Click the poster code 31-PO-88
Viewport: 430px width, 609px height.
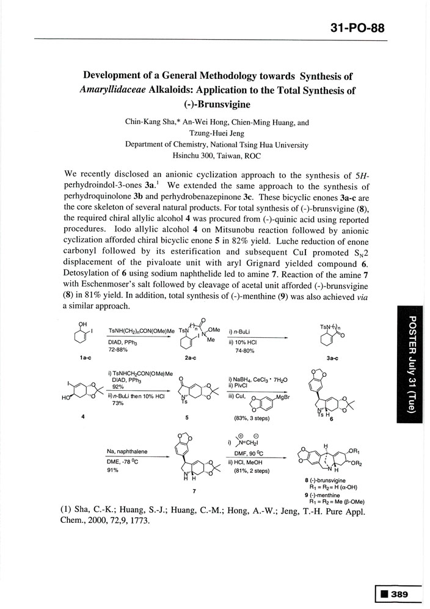pyautogui.click(x=357, y=28)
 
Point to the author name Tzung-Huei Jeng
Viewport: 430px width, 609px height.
pyautogui.click(x=217, y=133)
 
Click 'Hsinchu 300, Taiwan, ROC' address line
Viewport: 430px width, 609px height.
pyautogui.click(x=217, y=155)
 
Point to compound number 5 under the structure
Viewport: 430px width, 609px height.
pyautogui.click(x=186, y=418)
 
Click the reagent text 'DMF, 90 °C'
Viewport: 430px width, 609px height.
pyautogui.click(x=252, y=453)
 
